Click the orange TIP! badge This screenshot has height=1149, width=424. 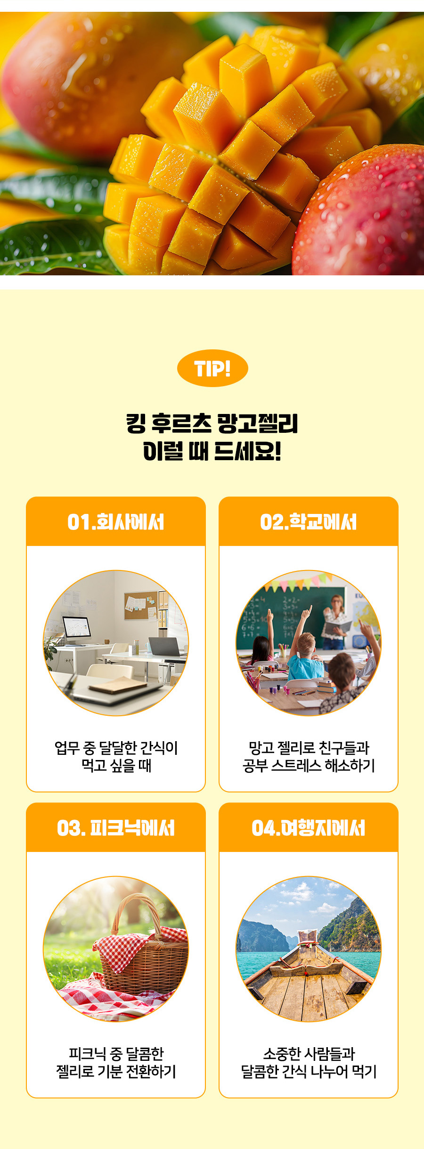[212, 368]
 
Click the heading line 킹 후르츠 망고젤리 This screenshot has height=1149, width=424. [212, 423]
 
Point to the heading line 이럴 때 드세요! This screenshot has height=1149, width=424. [212, 451]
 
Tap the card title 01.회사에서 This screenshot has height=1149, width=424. [116, 522]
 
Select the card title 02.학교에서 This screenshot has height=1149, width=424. [309, 522]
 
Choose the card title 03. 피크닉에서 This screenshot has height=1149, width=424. [116, 828]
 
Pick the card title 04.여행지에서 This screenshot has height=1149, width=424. [309, 828]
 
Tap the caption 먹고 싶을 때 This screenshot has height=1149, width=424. [116, 765]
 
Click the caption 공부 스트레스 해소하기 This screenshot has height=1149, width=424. [309, 765]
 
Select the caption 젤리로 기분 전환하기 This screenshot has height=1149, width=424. [116, 1071]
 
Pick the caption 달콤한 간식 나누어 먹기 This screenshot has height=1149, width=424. [309, 1071]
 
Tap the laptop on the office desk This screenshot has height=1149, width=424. [165, 646]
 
